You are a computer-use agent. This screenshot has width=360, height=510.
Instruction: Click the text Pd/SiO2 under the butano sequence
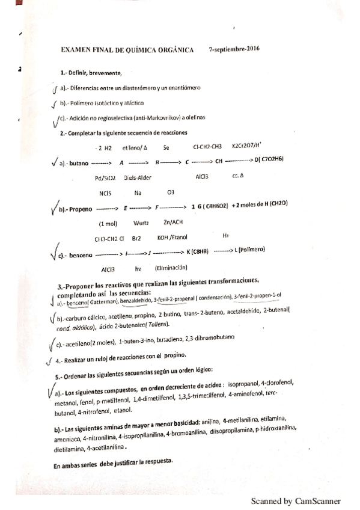tap(105, 177)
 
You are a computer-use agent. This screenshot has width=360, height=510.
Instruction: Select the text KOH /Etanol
tap(174, 237)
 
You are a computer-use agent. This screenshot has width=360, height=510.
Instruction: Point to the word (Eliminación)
tap(171, 268)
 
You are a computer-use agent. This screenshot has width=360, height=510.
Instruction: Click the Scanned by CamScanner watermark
tap(295, 500)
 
